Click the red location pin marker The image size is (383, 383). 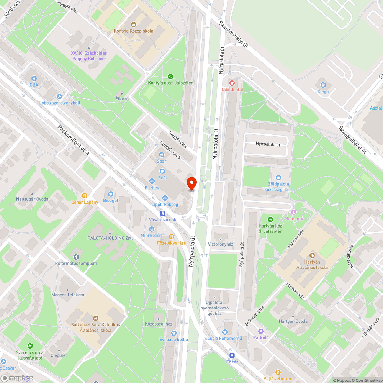coord(191,183)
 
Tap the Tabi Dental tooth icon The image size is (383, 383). coord(231,83)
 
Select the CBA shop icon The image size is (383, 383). coord(34,78)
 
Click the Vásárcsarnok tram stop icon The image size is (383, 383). coord(163,213)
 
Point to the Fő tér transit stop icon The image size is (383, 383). coord(240,355)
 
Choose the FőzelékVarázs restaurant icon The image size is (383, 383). coord(171,237)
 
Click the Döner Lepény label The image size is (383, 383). coord(85,202)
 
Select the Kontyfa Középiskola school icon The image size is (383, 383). coord(133,24)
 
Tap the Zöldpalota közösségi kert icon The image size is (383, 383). coord(278,178)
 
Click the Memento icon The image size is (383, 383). coord(294,212)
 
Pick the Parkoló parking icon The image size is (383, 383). coord(261,331)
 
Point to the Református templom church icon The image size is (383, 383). coord(76,257)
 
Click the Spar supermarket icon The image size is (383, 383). coord(161,155)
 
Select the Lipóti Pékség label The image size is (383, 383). coord(165,205)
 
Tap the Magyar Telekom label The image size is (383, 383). coord(68,295)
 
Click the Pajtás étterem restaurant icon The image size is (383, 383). coord(278,372)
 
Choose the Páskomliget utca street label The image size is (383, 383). coord(74,140)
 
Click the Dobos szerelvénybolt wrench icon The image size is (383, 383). coord(59,97)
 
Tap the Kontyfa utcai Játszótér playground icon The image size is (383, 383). coord(170,76)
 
